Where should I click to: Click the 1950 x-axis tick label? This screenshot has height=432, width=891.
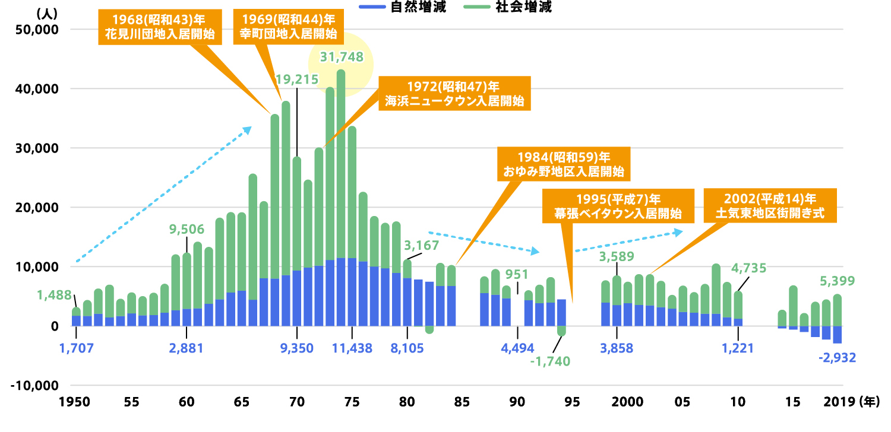(75, 402)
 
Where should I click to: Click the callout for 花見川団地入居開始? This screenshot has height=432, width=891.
(159, 26)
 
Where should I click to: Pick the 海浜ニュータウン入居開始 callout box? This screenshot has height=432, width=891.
(453, 92)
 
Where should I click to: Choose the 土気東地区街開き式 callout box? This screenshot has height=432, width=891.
(770, 205)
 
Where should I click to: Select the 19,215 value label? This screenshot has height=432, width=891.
(297, 79)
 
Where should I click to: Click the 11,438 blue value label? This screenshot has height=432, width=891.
(352, 348)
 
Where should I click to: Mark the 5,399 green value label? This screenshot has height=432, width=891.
(838, 280)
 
